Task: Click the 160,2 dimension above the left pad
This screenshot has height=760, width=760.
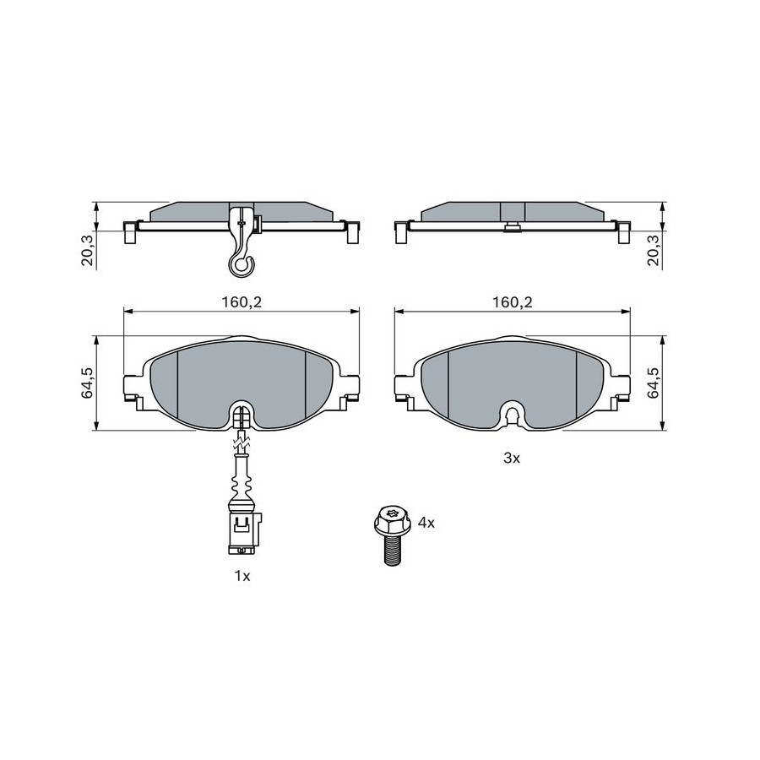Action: (x=242, y=302)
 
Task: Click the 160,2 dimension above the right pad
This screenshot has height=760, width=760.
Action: (x=513, y=302)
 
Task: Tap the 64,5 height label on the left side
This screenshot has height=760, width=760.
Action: (x=88, y=383)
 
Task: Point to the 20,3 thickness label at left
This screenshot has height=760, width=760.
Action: (x=88, y=250)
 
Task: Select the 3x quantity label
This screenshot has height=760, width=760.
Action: (x=512, y=458)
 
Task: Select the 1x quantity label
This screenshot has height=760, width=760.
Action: (x=242, y=576)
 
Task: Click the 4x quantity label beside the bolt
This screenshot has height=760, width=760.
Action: (x=426, y=523)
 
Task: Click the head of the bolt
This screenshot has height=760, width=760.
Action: (x=393, y=519)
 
